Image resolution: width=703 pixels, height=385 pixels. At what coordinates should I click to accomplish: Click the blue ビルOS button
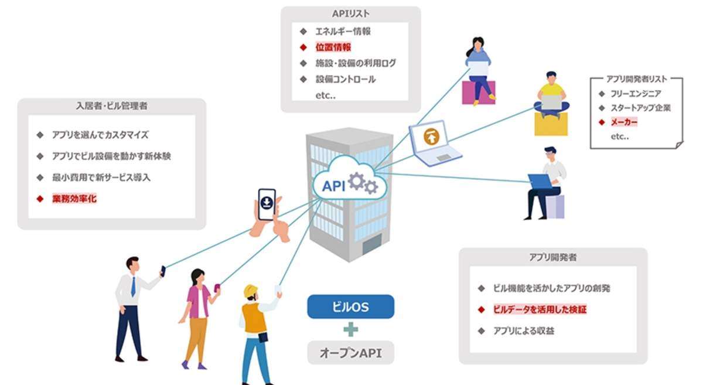[x=350, y=306]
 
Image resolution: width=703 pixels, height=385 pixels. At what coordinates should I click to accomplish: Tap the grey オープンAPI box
[x=350, y=353]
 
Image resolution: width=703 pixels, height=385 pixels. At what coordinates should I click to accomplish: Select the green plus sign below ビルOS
[x=350, y=329]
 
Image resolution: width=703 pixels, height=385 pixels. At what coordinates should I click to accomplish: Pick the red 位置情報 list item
[x=333, y=47]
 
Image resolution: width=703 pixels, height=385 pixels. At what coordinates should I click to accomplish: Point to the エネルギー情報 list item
[x=343, y=32]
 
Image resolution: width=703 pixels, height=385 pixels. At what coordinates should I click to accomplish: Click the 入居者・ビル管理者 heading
[x=111, y=106]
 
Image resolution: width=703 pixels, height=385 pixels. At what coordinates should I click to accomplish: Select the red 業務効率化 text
[x=74, y=199]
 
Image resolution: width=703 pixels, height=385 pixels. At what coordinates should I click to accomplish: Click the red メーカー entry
[x=624, y=122]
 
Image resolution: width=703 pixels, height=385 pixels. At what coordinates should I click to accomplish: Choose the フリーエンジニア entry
[x=636, y=93]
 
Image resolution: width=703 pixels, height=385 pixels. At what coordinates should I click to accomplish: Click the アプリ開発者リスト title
[x=636, y=79]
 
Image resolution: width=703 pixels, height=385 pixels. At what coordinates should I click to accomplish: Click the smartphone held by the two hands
[x=267, y=204]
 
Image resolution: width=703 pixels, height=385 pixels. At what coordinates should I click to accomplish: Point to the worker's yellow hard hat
[x=251, y=291]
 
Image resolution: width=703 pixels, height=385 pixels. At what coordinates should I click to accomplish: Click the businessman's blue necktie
[x=134, y=287]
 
